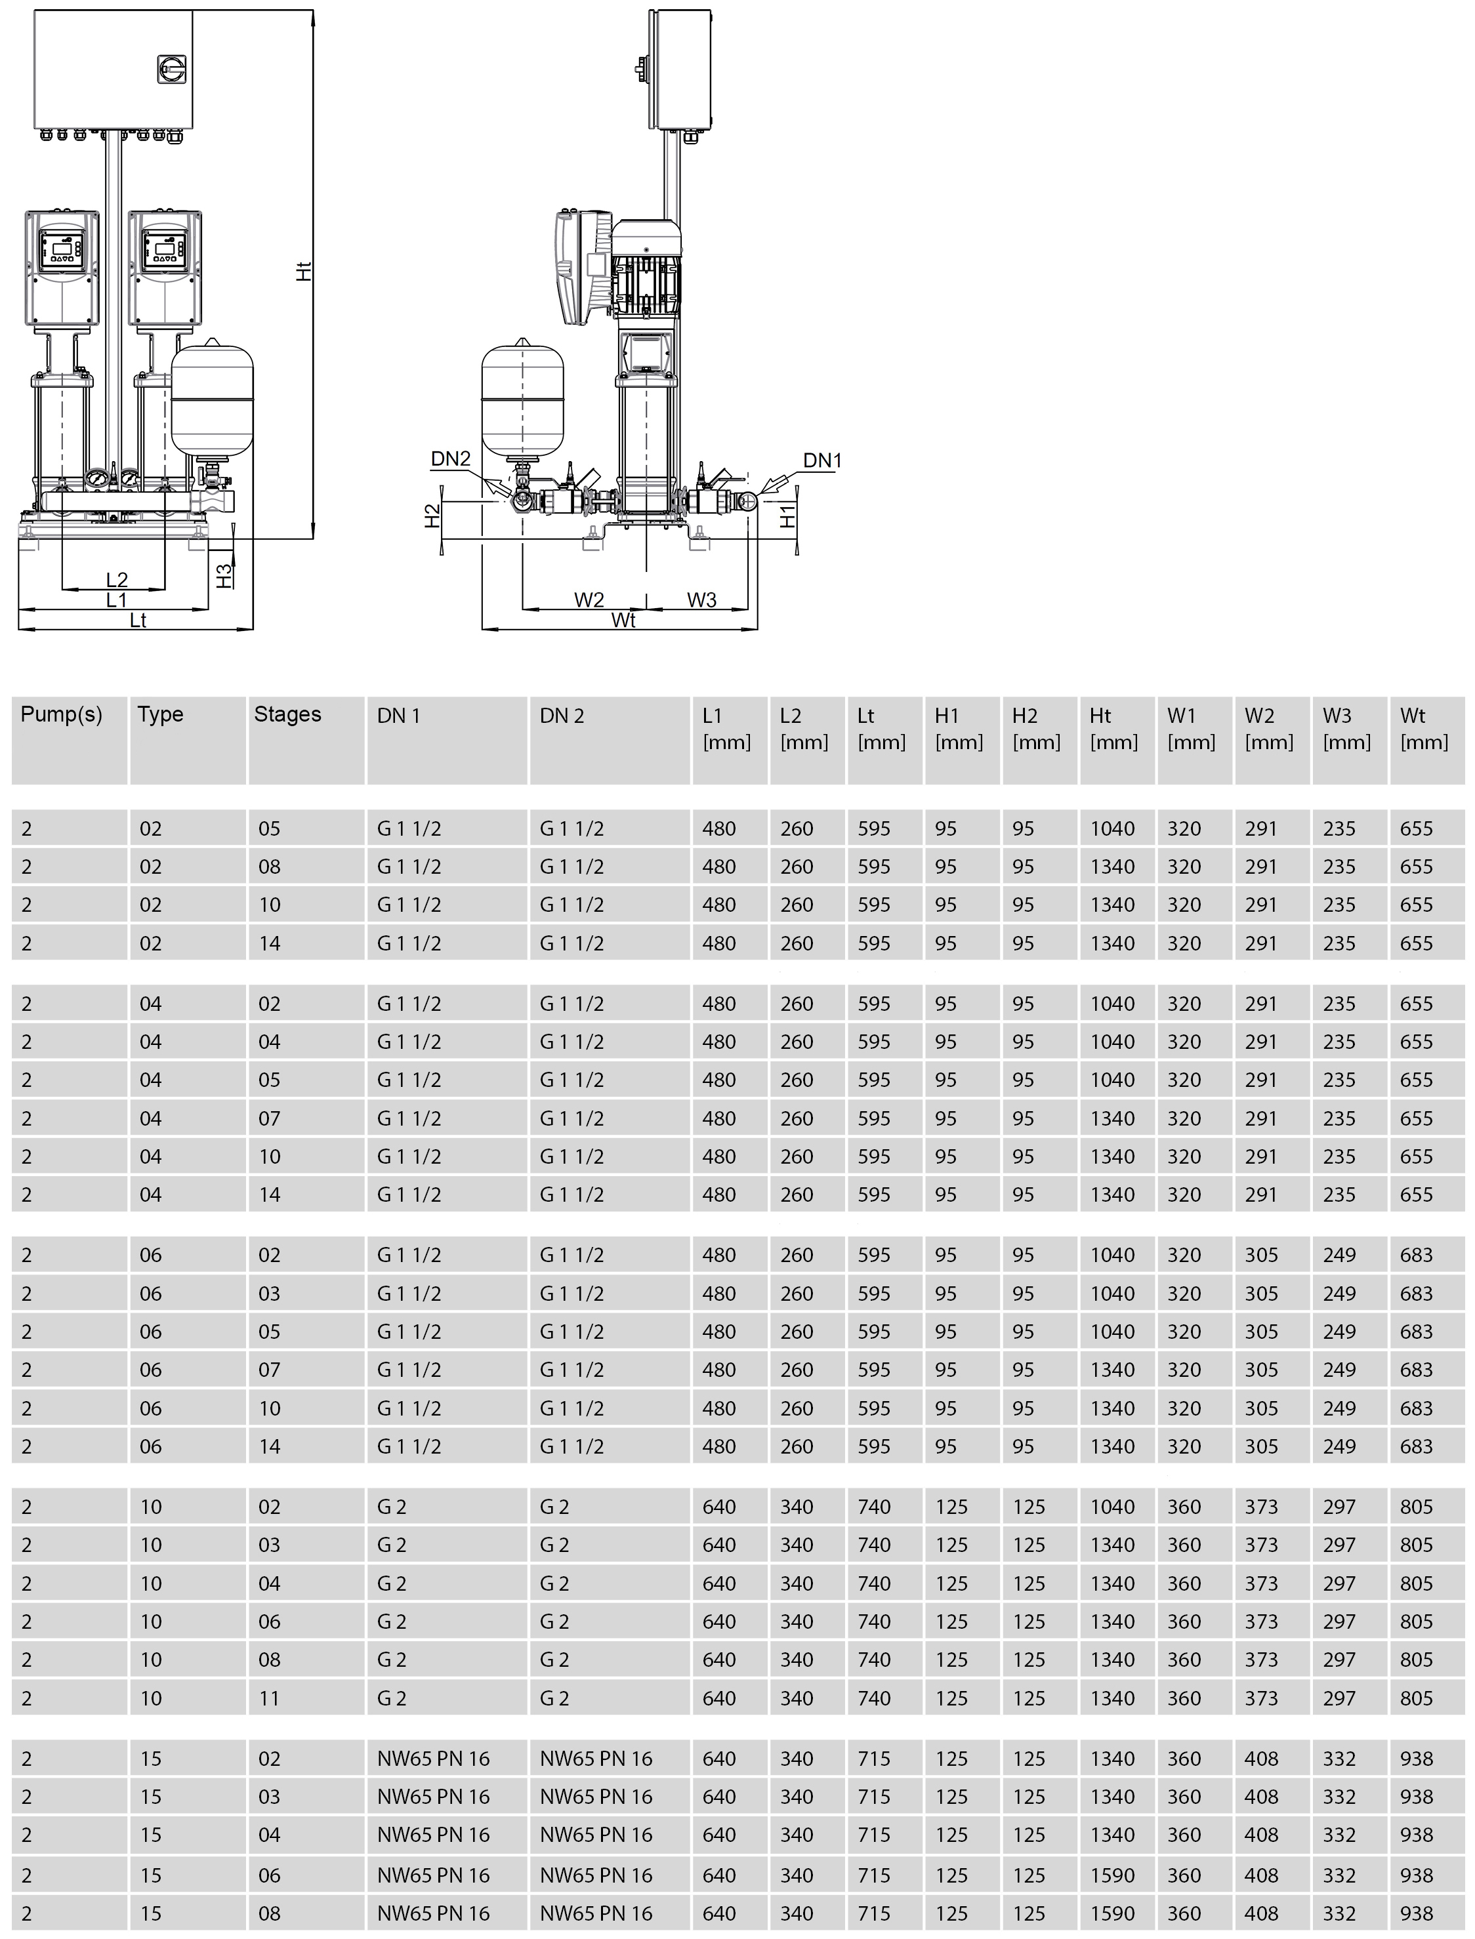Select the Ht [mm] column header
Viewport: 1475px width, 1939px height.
click(1113, 729)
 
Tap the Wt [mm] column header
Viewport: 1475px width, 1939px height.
click(1423, 729)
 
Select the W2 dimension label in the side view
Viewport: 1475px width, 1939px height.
click(589, 600)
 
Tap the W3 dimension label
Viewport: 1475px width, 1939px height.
click(701, 600)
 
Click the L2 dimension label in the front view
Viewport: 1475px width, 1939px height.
click(117, 579)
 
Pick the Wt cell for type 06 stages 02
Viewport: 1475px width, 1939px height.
click(1416, 1255)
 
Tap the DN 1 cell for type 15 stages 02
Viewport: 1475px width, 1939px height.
click(434, 1759)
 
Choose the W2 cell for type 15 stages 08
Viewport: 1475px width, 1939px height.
click(1261, 1913)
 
